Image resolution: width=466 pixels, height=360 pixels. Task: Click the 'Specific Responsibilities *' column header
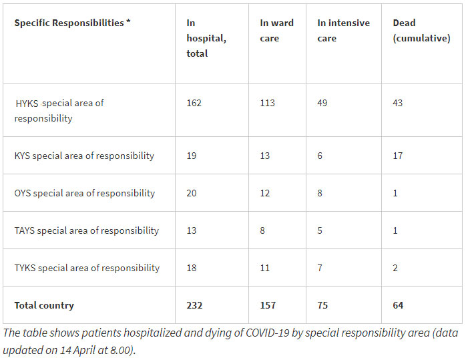point(72,23)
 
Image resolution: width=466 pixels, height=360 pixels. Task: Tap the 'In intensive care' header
point(343,30)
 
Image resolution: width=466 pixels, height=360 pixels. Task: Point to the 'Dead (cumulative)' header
point(421,30)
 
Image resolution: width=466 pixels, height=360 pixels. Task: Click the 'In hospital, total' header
point(206,38)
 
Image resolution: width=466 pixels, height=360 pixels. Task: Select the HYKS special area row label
point(59,111)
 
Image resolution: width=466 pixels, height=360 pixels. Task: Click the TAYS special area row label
point(87,230)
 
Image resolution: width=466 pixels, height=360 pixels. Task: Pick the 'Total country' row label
point(44,305)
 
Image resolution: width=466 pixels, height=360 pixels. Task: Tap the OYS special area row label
point(85,193)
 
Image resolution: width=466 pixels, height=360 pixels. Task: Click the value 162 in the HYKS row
point(194,103)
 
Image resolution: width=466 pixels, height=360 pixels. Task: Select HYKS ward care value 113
point(267,103)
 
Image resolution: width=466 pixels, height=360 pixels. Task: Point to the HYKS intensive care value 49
point(323,103)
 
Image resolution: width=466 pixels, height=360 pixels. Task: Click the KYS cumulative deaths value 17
point(398,156)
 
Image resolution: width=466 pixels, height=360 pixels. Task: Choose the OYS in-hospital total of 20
point(192,193)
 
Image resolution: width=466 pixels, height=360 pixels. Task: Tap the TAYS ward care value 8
point(263,230)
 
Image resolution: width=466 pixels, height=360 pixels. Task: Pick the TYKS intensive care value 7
point(320,268)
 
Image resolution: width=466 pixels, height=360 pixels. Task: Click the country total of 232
point(194,305)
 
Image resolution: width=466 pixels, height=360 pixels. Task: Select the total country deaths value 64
point(398,305)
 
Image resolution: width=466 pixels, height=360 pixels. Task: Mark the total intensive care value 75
point(323,305)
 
